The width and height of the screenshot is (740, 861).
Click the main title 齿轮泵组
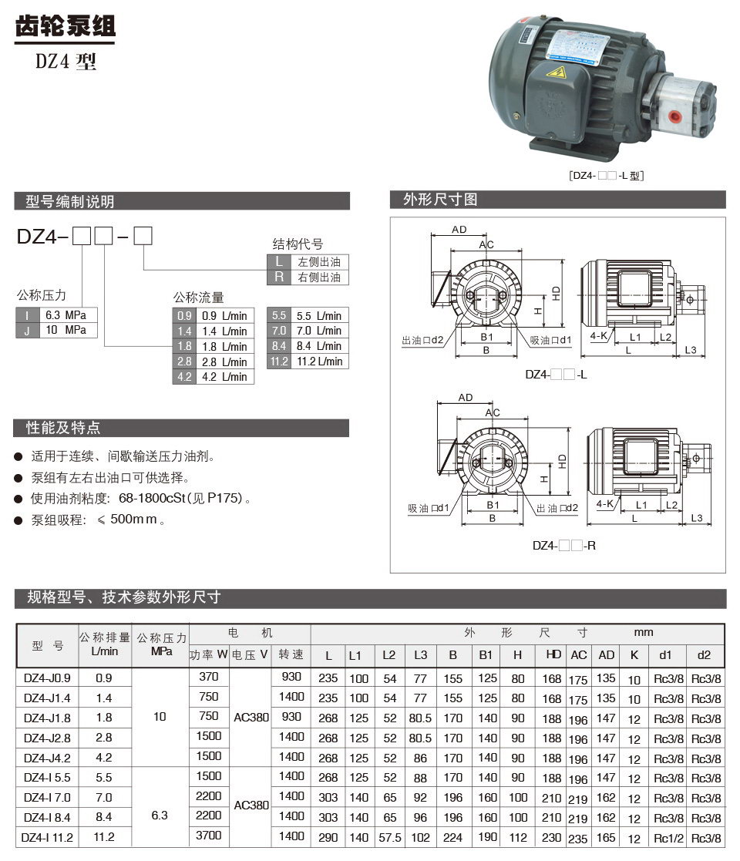point(66,27)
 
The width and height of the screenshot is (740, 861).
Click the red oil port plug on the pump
point(674,116)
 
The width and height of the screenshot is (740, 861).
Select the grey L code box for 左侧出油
point(278,262)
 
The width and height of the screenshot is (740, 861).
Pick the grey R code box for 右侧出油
point(278,277)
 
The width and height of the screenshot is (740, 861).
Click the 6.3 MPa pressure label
point(66,315)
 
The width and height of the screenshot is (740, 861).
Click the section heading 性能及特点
point(63,428)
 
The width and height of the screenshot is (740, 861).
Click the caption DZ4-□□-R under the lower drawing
point(564,545)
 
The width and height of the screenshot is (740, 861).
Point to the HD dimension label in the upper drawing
point(556,294)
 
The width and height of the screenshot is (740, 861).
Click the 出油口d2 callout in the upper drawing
point(422,340)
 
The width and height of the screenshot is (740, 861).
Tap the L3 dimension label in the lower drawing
point(696,518)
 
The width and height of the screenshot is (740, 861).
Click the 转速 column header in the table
point(291,654)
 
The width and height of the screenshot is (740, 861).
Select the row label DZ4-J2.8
point(47,738)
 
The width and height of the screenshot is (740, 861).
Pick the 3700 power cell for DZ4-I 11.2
point(209,836)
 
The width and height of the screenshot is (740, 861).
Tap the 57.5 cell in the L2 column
point(389,837)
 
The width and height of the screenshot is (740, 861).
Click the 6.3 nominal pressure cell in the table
point(160,816)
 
